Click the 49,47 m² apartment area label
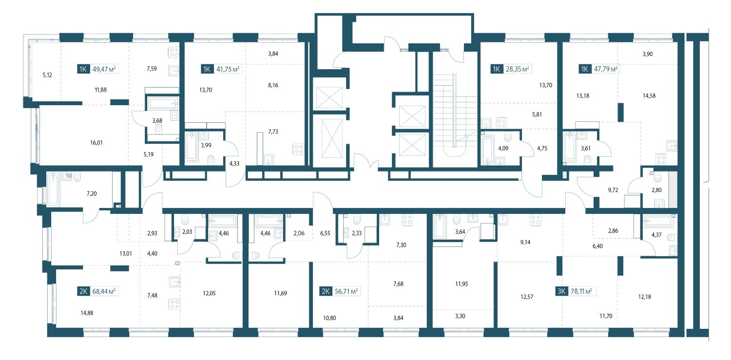click(104, 69)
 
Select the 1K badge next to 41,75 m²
click(207, 69)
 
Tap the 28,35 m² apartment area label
click(517, 69)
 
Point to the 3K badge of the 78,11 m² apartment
click(561, 291)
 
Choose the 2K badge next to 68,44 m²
click(83, 291)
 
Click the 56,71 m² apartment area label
click(346, 291)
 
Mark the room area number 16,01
click(96, 143)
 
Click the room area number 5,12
click(47, 75)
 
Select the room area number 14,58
click(649, 96)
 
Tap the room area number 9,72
click(613, 190)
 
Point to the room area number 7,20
click(92, 194)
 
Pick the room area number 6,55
click(326, 233)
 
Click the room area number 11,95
click(462, 284)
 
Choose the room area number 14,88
click(87, 313)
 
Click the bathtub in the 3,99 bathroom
click(192, 147)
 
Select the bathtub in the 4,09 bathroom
click(487, 150)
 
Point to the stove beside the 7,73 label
click(299, 149)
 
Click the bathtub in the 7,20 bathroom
click(53, 189)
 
